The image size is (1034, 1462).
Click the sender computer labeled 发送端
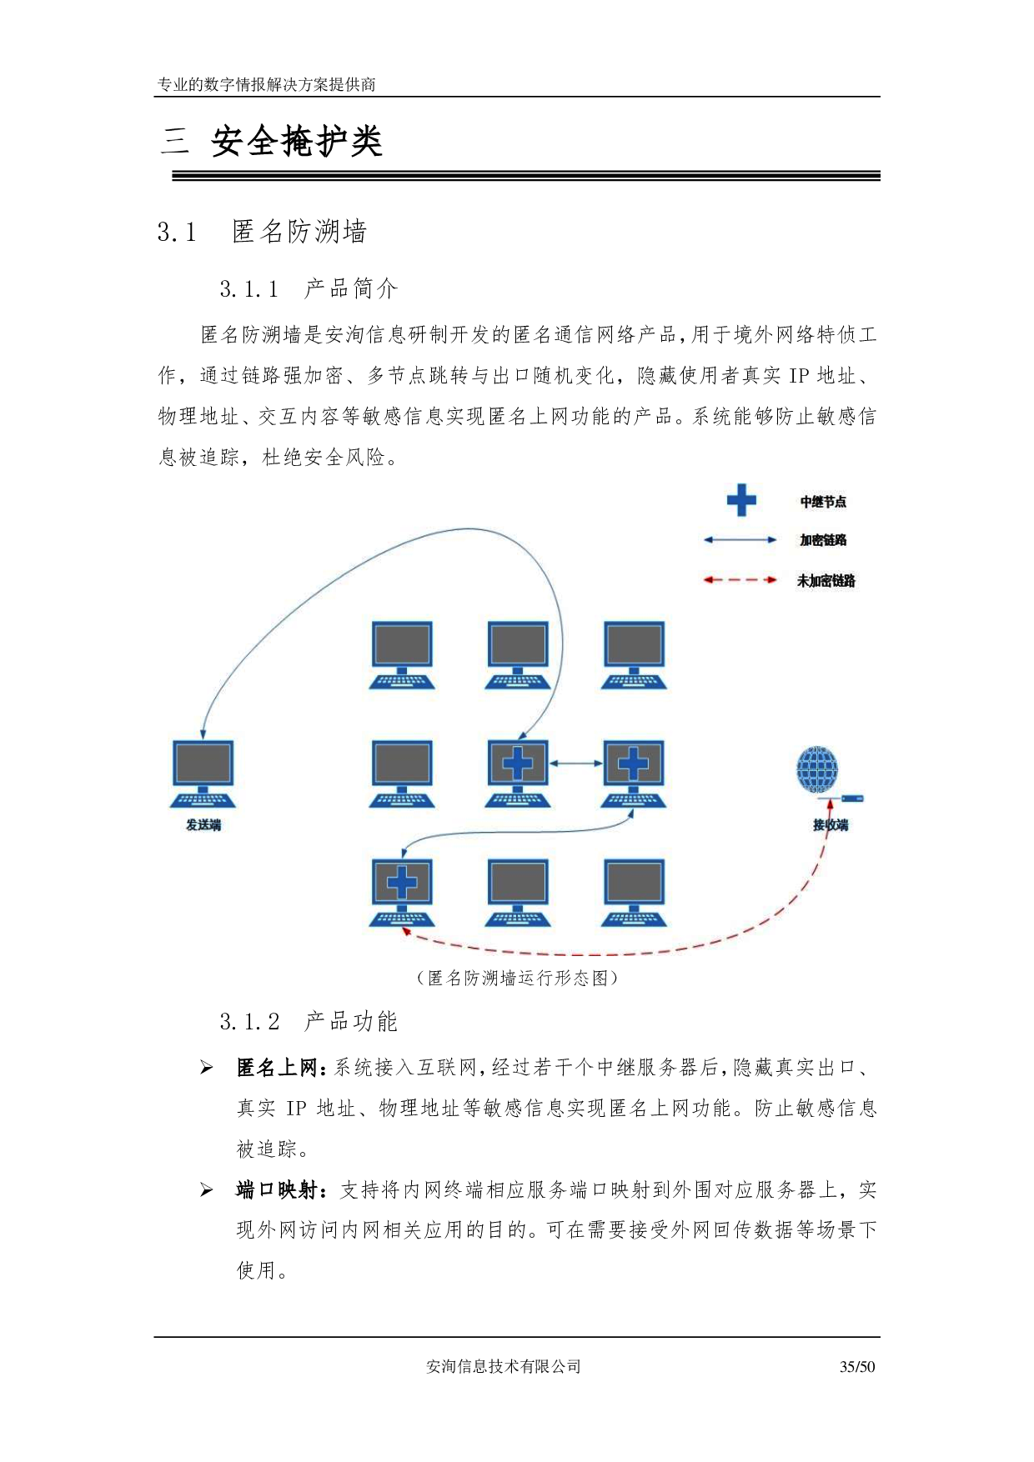click(x=203, y=774)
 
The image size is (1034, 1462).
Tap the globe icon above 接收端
click(x=817, y=769)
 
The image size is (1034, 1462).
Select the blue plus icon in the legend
click(x=740, y=500)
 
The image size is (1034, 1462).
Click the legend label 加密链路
click(x=823, y=540)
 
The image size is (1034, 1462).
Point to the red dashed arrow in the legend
click(x=740, y=579)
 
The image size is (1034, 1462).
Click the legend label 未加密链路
click(x=826, y=580)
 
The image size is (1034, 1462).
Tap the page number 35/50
click(x=857, y=1366)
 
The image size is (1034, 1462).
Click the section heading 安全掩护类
click(x=296, y=141)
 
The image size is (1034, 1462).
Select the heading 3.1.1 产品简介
click(x=309, y=288)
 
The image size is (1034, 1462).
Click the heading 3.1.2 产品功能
click(x=309, y=1021)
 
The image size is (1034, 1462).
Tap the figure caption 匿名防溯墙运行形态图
click(x=517, y=978)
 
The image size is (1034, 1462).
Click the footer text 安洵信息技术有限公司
click(x=503, y=1366)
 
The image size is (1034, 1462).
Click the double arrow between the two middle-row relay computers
click(x=575, y=763)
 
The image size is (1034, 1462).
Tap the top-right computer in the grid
click(x=634, y=654)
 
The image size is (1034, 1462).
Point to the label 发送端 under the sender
click(x=203, y=824)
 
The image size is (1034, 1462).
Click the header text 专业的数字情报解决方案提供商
click(x=267, y=84)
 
